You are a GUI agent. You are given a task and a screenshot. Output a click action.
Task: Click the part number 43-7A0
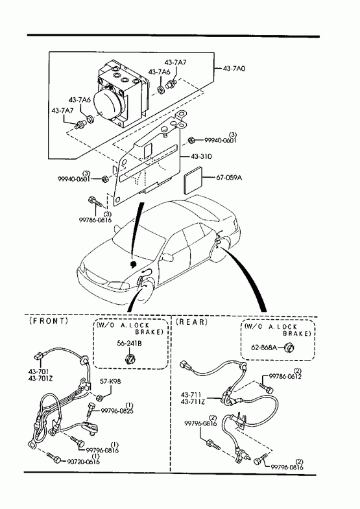coord(234,69)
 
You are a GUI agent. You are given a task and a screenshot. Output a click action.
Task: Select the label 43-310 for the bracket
coord(201,156)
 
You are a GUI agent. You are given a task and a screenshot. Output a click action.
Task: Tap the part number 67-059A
coord(229,178)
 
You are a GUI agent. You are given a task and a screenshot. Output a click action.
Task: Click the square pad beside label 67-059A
coord(193,180)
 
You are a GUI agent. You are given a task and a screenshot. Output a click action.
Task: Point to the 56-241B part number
coord(129,343)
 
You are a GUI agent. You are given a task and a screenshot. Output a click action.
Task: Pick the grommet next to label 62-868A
coord(289,348)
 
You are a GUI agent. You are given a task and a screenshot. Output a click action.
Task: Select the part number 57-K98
coord(110,381)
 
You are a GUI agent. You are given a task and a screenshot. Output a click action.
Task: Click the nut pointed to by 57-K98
coord(100,397)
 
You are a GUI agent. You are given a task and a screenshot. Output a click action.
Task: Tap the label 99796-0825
coord(117,411)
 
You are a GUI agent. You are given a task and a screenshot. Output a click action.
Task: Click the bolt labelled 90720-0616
coord(53,457)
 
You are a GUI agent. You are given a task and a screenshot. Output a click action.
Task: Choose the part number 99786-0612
coord(285,377)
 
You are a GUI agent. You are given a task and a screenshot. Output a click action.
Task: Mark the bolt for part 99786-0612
coord(267,387)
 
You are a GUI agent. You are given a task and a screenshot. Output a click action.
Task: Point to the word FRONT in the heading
coord(49,321)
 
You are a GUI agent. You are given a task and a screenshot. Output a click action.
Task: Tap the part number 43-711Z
coord(193,401)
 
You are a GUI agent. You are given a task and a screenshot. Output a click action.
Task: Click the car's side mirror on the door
coord(168,257)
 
